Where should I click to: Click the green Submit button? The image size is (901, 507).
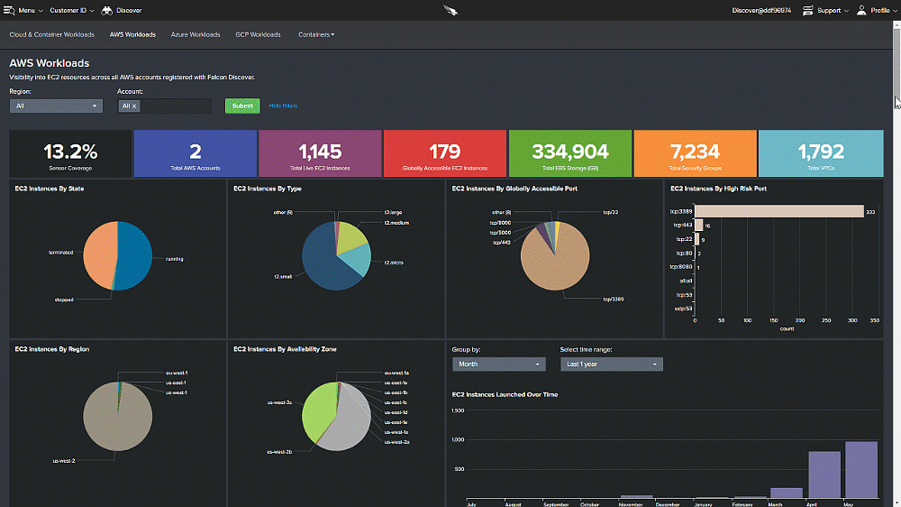point(242,106)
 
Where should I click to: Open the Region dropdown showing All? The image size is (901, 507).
point(56,106)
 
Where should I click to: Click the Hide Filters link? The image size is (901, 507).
point(283,106)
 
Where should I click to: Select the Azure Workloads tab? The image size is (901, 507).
point(196,35)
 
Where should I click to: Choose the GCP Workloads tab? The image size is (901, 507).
point(258,35)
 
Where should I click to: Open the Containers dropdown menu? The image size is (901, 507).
point(316,35)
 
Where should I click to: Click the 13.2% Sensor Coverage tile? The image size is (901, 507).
point(70,152)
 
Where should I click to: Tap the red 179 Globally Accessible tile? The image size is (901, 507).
point(445,152)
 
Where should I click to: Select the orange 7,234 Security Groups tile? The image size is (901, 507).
point(695,152)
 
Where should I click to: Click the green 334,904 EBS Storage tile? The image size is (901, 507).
point(569,152)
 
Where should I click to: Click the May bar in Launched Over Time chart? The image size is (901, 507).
point(860,469)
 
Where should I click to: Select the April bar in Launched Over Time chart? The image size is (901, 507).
point(824,475)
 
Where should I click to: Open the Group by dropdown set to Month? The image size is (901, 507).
point(499,364)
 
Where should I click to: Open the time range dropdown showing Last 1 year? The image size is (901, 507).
point(611,364)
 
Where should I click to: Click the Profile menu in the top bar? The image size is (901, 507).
point(874,11)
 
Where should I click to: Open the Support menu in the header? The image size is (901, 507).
point(826,11)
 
